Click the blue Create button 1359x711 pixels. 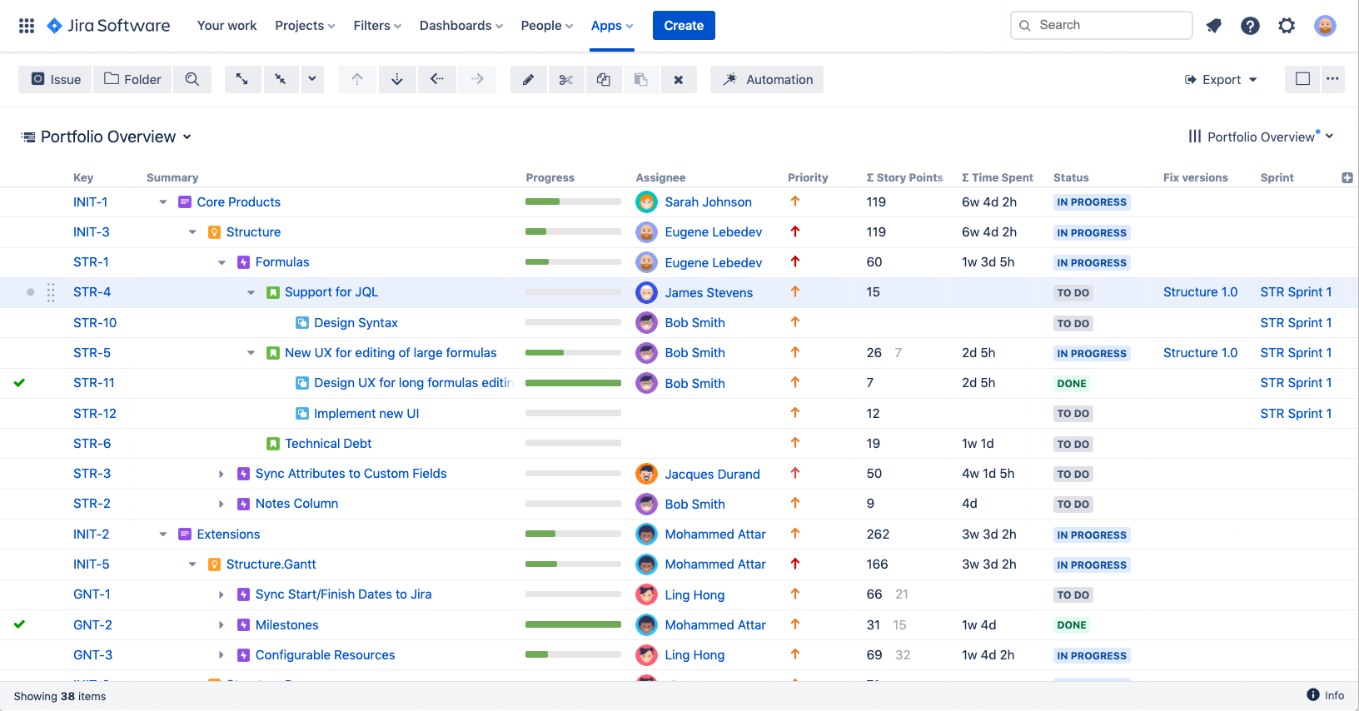point(684,26)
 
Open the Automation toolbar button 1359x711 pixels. point(767,80)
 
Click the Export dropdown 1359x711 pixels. point(1221,80)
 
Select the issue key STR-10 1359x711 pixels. point(95,323)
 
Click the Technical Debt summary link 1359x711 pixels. point(328,444)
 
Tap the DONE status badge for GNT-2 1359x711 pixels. point(1071,625)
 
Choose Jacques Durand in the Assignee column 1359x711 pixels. point(712,475)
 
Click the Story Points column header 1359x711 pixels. point(905,177)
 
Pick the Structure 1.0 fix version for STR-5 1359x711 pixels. point(1200,353)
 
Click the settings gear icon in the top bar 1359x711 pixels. point(1287,26)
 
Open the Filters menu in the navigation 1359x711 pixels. point(377,26)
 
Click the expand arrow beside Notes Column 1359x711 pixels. point(222,505)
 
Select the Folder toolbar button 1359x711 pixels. point(132,80)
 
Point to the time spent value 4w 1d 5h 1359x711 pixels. point(988,474)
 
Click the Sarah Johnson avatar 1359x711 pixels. point(646,202)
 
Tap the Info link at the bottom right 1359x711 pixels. point(1326,695)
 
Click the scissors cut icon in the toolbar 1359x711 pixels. point(566,80)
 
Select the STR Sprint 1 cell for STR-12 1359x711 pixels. point(1295,414)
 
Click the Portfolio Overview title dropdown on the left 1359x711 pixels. point(108,137)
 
